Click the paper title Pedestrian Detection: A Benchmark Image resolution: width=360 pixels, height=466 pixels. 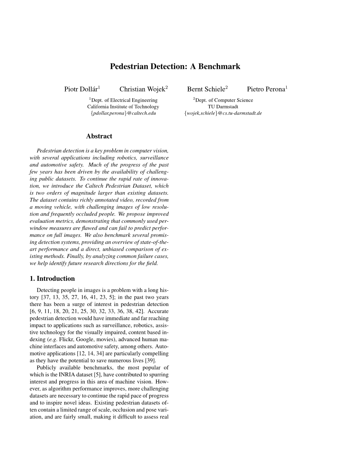click(x=175, y=67)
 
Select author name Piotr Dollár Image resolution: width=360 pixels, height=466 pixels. click(x=81, y=89)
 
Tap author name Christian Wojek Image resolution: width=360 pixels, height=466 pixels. click(x=142, y=89)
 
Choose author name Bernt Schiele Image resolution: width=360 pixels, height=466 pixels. click(x=206, y=89)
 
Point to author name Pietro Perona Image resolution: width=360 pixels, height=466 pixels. click(x=266, y=89)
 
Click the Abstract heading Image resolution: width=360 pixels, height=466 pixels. click(x=99, y=136)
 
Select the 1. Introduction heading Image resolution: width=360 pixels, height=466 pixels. click(x=52, y=279)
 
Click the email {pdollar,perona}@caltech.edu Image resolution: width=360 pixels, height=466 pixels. click(x=123, y=113)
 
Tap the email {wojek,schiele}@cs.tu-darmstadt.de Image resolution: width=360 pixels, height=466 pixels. click(x=223, y=113)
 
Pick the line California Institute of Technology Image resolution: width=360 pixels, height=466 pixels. click(x=123, y=107)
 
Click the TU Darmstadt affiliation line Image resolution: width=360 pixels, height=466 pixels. click(x=223, y=107)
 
